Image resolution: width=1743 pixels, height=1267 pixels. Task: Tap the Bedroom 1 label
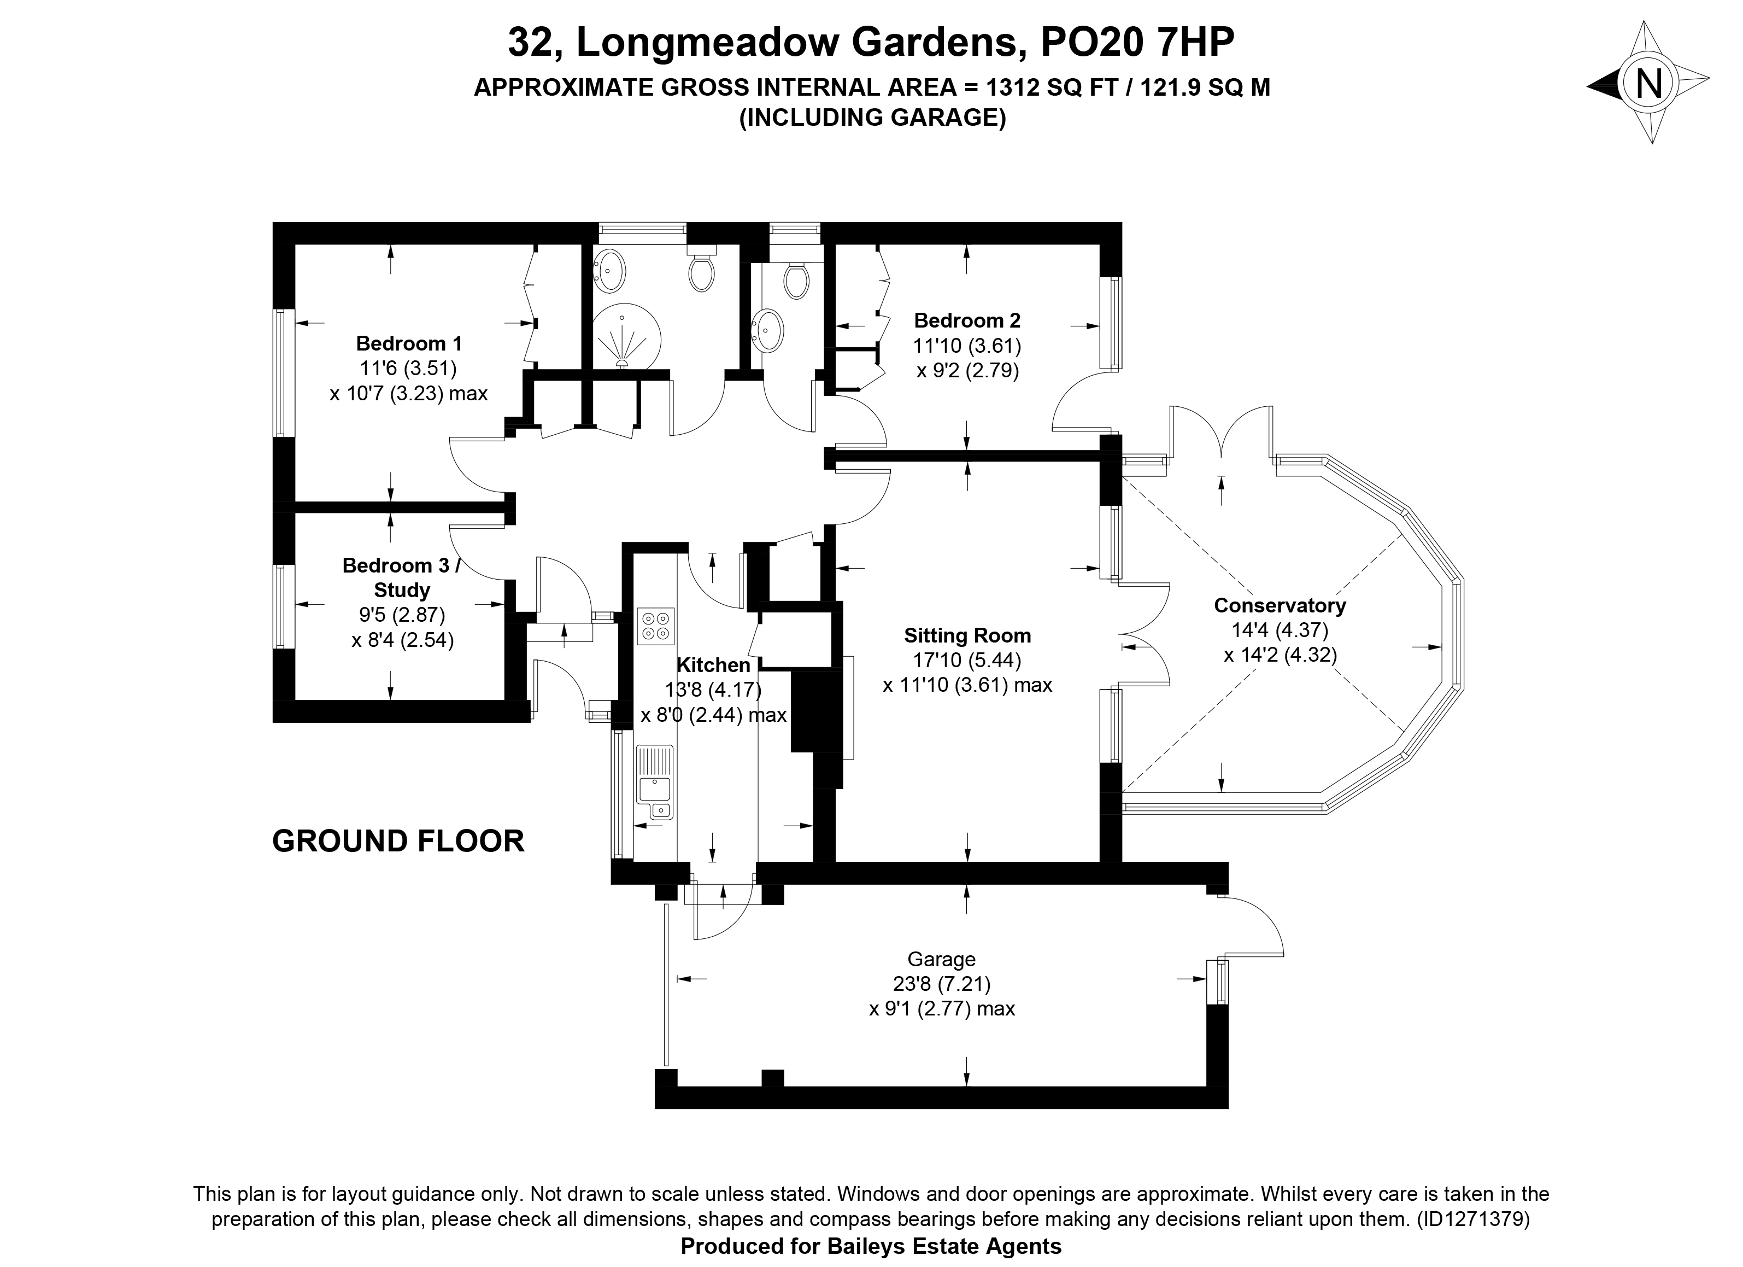point(409,343)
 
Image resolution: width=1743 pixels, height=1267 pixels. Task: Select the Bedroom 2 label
point(967,320)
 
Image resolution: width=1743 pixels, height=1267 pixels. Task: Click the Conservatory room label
point(1280,606)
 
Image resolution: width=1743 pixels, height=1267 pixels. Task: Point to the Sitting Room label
point(967,636)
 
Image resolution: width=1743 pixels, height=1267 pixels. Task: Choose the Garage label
point(941,960)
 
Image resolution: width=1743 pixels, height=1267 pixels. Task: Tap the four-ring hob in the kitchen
point(655,625)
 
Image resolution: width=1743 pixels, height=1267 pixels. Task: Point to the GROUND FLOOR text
point(398,841)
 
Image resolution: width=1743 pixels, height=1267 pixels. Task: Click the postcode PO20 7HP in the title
point(1137,43)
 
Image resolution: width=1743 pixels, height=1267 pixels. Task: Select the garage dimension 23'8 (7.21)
point(941,983)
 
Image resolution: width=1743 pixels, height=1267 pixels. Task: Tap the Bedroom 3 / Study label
point(401,578)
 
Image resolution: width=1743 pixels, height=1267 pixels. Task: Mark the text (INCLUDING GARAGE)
point(872,118)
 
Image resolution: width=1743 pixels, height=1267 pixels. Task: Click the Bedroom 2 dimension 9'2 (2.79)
point(967,371)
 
